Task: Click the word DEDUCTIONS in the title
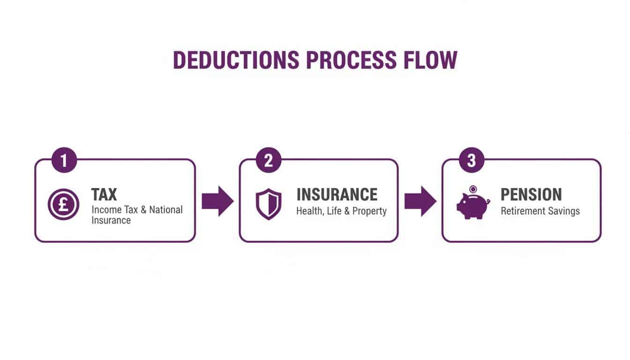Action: (236, 60)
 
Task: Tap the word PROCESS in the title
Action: (351, 60)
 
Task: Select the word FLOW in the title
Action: (430, 60)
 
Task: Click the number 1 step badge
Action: (64, 160)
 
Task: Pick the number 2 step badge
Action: (268, 160)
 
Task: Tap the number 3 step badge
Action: (472, 160)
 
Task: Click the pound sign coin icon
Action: (64, 204)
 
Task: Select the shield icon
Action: (269, 204)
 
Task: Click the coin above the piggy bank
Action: (473, 189)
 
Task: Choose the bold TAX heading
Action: (104, 195)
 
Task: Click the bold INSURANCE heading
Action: (337, 195)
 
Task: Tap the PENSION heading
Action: (531, 195)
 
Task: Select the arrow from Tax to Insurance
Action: (217, 201)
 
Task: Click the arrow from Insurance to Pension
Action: (420, 201)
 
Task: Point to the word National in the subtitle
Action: (166, 210)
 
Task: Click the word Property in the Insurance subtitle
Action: (369, 211)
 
